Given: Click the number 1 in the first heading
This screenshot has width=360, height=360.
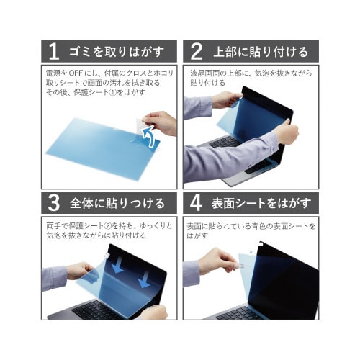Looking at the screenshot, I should point(53,52).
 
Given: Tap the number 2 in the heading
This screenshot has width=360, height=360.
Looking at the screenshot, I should point(194,52).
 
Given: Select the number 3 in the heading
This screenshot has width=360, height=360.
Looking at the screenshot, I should point(53,202).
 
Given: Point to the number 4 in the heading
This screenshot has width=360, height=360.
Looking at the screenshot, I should point(194,202).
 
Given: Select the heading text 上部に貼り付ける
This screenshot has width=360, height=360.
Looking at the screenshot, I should point(260,52).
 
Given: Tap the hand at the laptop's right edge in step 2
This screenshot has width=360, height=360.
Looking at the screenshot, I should point(286,132).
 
